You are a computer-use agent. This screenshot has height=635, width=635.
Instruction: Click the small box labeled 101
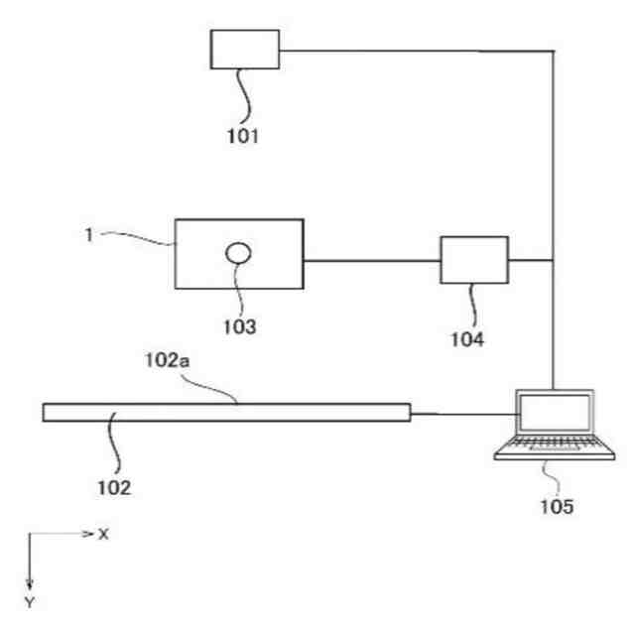[x=245, y=49]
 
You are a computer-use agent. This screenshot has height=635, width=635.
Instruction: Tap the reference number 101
[x=240, y=136]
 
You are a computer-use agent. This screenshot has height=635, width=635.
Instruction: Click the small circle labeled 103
[x=238, y=254]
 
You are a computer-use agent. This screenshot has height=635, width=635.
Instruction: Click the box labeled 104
[x=474, y=261]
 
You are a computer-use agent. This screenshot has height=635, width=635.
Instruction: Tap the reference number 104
[x=467, y=339]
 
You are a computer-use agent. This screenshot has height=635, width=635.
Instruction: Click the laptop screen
[x=553, y=413]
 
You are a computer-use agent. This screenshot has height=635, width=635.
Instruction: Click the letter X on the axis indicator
[x=102, y=534]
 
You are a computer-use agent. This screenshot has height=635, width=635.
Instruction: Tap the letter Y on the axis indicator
[x=30, y=602]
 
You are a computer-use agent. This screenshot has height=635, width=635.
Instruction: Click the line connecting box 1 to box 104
[x=372, y=261]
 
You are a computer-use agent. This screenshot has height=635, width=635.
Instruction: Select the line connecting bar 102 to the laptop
[x=462, y=413]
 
